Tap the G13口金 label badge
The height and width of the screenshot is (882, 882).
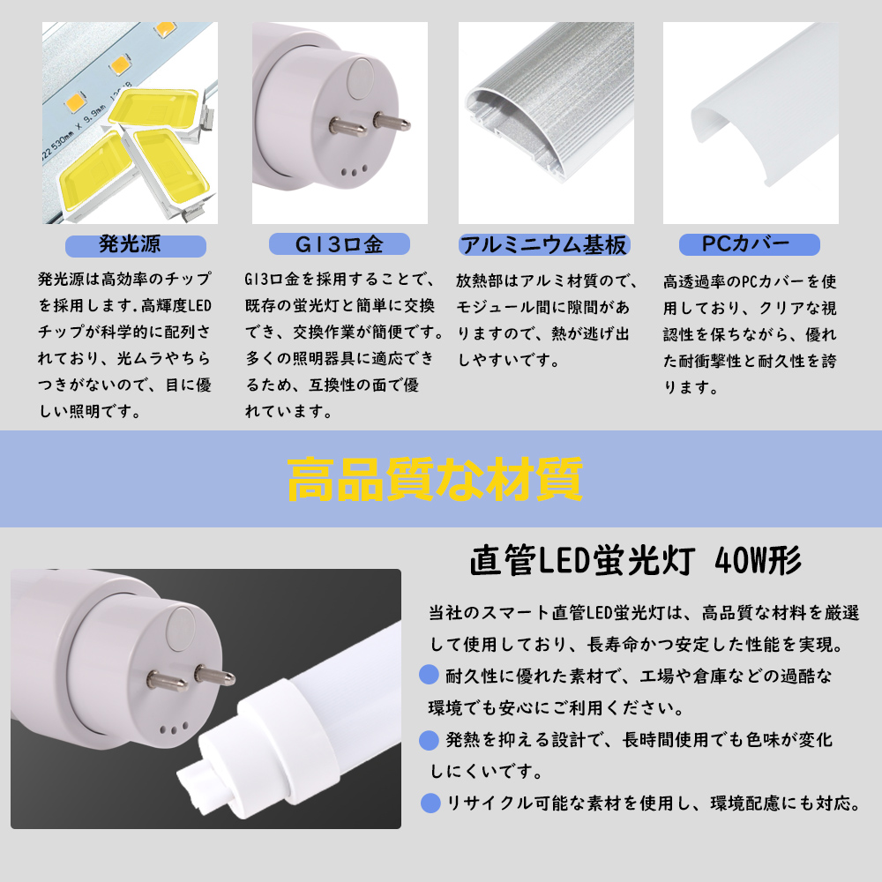(x=339, y=244)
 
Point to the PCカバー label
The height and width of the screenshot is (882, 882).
(x=749, y=244)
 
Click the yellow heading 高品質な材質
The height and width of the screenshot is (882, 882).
(x=435, y=480)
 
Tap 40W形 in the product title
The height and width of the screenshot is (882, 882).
(x=759, y=560)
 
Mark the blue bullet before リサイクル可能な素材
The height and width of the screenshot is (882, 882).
(x=430, y=803)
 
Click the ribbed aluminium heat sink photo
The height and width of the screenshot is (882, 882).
(x=545, y=123)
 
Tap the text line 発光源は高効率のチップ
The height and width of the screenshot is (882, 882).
(x=124, y=280)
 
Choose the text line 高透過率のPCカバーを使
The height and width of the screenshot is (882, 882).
(x=749, y=282)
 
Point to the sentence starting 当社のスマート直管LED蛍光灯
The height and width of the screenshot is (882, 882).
(x=643, y=613)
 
